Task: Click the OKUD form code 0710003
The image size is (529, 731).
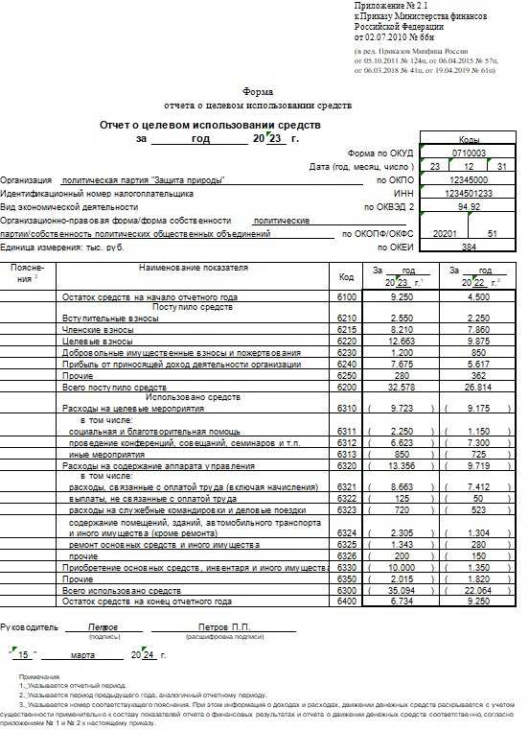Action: (x=469, y=153)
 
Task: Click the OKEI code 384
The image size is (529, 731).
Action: (x=469, y=247)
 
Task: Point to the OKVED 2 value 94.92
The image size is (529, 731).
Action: (x=469, y=206)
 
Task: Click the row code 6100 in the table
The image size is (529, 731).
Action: (x=346, y=298)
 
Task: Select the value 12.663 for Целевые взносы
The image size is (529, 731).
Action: (x=402, y=341)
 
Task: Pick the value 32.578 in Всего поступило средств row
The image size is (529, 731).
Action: (x=402, y=387)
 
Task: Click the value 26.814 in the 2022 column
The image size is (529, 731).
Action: (x=477, y=387)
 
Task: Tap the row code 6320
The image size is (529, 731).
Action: (x=346, y=465)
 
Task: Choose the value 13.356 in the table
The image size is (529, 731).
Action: (x=402, y=465)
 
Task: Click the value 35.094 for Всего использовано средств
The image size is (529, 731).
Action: (x=402, y=592)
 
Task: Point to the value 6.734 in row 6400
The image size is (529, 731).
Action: (x=402, y=601)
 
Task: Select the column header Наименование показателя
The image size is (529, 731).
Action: (x=193, y=267)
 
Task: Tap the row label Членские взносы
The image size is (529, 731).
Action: (x=97, y=328)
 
